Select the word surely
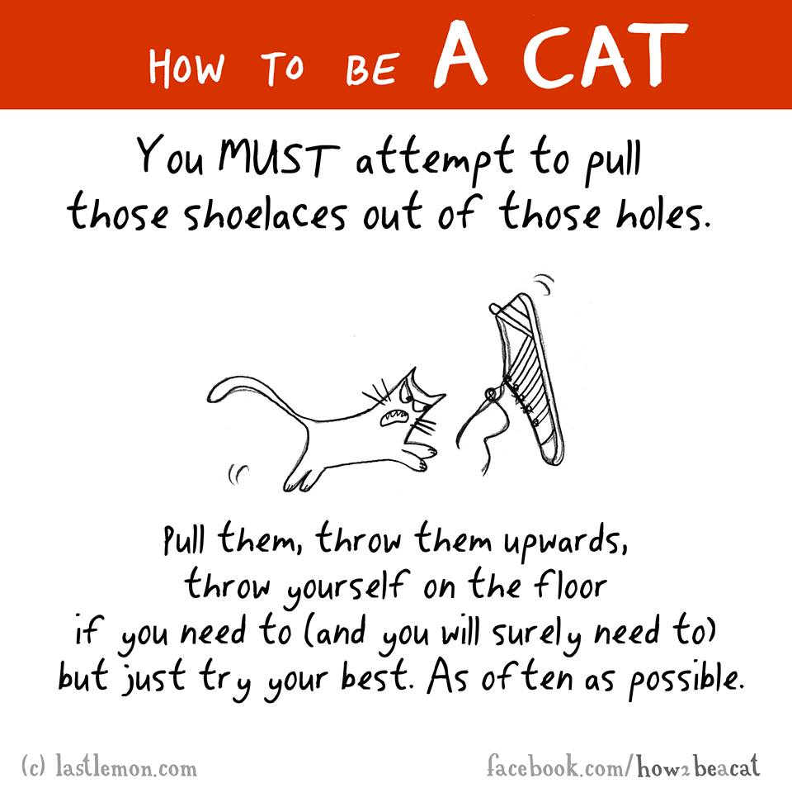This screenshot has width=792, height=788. [x=536, y=634]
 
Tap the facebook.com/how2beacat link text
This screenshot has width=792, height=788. [x=624, y=767]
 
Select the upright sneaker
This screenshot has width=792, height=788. [x=528, y=378]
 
